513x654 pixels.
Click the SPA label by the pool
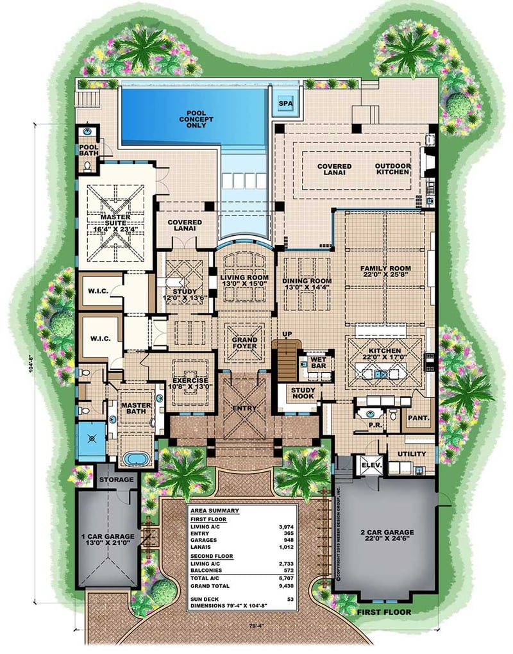(x=283, y=103)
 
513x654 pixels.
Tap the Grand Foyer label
(x=245, y=343)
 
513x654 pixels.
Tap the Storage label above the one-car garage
(x=116, y=479)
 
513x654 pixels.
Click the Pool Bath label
(x=88, y=151)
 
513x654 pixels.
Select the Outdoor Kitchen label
(x=392, y=170)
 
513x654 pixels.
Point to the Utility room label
(x=412, y=453)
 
